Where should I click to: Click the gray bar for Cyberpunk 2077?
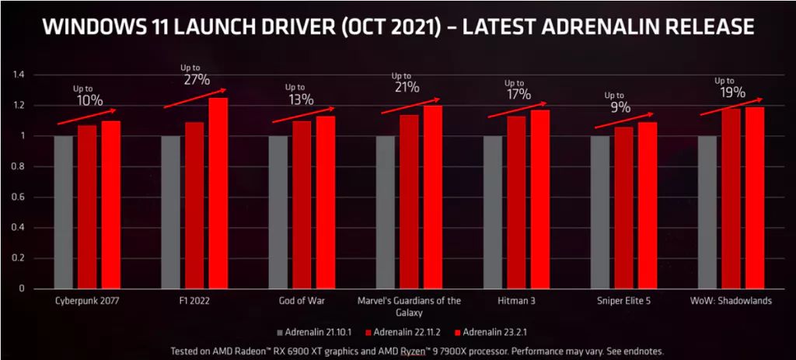point(64,211)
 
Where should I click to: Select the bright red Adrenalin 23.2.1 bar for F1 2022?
point(218,193)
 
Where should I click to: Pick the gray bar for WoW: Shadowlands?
point(707,211)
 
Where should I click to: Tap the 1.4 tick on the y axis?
point(19,75)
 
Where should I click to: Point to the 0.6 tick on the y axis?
point(19,197)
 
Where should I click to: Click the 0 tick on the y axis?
point(23,288)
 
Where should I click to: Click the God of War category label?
point(301,301)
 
